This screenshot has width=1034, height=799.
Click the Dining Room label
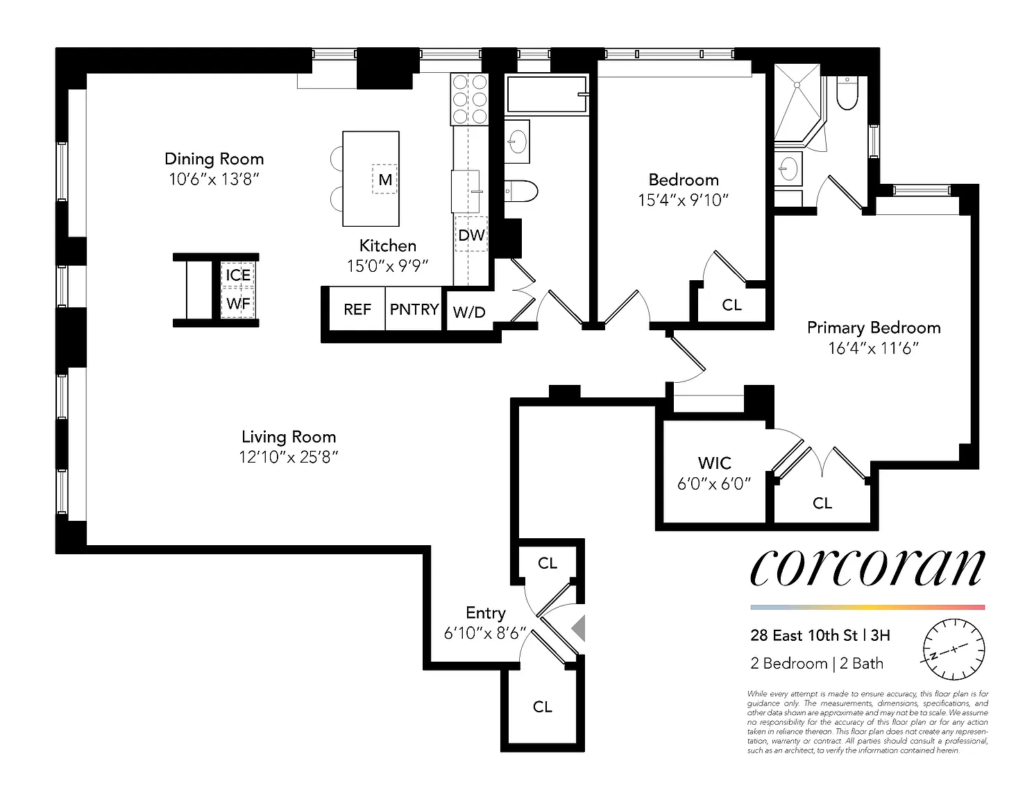pos(214,159)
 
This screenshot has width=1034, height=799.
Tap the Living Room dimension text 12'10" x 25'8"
pos(289,457)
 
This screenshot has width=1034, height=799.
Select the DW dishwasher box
pos(471,234)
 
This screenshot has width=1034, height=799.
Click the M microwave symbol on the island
pos(384,180)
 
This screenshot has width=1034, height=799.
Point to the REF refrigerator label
pos(357,309)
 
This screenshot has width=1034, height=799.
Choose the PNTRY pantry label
pos(414,309)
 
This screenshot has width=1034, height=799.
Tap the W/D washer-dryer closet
pos(468,311)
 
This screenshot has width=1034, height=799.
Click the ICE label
pos(239,275)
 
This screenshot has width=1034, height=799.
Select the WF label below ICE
pos(239,303)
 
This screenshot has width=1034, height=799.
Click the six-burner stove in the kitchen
pos(470,99)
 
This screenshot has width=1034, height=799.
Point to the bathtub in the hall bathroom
pos(546,94)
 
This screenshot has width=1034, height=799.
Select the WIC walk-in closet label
pos(714,463)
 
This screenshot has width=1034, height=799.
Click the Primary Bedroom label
pos(874,327)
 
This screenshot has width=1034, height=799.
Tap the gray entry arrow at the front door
pos(578,628)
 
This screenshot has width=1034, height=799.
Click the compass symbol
pos(954,649)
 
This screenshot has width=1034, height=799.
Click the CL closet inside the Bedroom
pos(731,305)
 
